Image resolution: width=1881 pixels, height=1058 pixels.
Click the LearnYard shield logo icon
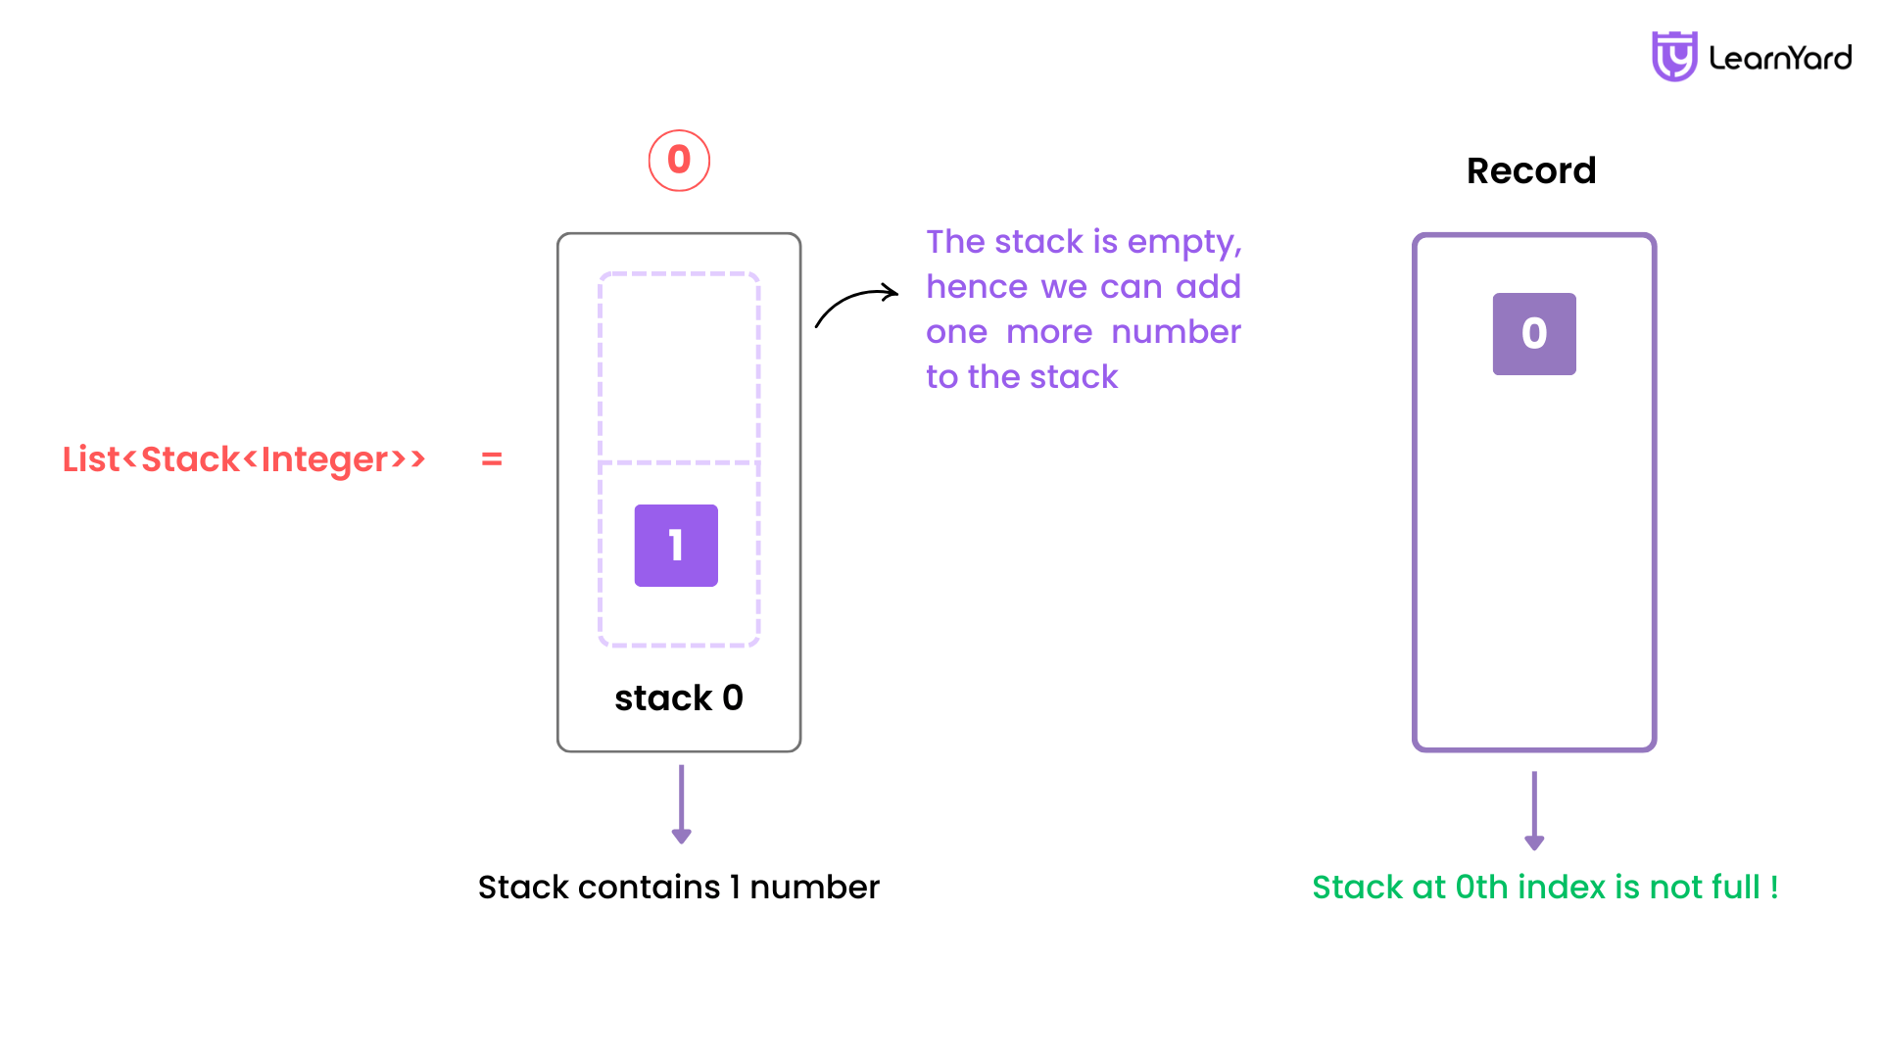(x=1674, y=56)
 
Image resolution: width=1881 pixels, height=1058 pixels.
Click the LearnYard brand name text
(x=1780, y=58)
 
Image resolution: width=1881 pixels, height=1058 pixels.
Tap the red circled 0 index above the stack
(x=679, y=161)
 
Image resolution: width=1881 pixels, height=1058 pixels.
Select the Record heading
(x=1531, y=170)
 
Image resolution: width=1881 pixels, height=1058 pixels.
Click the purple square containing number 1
(x=676, y=546)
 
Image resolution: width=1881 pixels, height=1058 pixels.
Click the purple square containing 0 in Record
(x=1534, y=334)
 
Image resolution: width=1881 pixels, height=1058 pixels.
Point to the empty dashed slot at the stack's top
(x=679, y=367)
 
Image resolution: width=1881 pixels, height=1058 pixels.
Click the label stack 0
(x=679, y=697)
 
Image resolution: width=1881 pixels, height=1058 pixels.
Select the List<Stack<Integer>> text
(x=244, y=458)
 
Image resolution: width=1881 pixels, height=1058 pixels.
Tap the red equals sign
(x=492, y=458)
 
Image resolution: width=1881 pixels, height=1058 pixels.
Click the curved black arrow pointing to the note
(x=855, y=302)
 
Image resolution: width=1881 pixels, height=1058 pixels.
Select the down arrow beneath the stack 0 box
(x=682, y=804)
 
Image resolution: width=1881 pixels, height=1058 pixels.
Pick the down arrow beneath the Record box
(x=1534, y=811)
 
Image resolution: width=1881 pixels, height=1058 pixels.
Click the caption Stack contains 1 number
(x=679, y=888)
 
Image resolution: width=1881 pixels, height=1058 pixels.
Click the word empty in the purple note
(x=1184, y=243)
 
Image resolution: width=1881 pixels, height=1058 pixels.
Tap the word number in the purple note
(x=1176, y=332)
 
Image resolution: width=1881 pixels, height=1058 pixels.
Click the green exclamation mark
(x=1774, y=888)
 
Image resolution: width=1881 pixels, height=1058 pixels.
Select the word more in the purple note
(x=1049, y=332)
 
